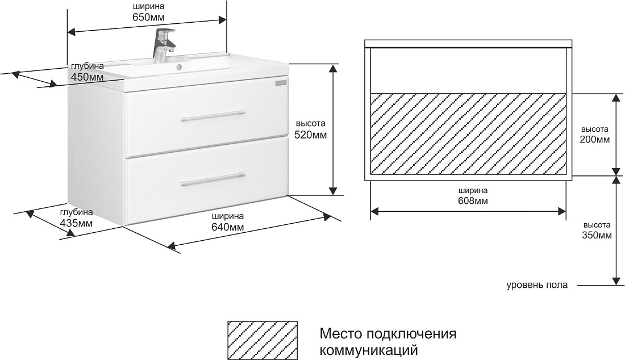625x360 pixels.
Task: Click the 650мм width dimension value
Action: pyautogui.click(x=148, y=17)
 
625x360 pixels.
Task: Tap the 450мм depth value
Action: pyautogui.click(x=87, y=77)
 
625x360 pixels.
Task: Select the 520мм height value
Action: pyautogui.click(x=310, y=135)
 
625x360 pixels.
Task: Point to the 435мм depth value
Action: pyautogui.click(x=76, y=223)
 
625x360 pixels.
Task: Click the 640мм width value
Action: pyautogui.click(x=228, y=227)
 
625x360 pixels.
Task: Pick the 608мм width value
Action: pyautogui.click(x=473, y=200)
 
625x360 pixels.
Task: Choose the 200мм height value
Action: pyautogui.click(x=595, y=139)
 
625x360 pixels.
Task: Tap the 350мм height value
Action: pyautogui.click(x=597, y=235)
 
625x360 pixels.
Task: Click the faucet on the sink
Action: pyautogui.click(x=163, y=45)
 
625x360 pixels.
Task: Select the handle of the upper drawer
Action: pyautogui.click(x=213, y=115)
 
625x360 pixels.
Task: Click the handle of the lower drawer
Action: pyautogui.click(x=213, y=178)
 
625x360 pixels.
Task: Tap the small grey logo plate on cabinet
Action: pyautogui.click(x=281, y=82)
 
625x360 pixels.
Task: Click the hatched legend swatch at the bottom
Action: pyautogui.click(x=262, y=340)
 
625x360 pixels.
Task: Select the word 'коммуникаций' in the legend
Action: pyautogui.click(x=369, y=350)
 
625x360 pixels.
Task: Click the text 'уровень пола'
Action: pyautogui.click(x=537, y=285)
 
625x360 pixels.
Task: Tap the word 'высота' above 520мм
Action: pyautogui.click(x=310, y=123)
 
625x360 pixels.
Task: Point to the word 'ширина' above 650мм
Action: pyautogui.click(x=148, y=6)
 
